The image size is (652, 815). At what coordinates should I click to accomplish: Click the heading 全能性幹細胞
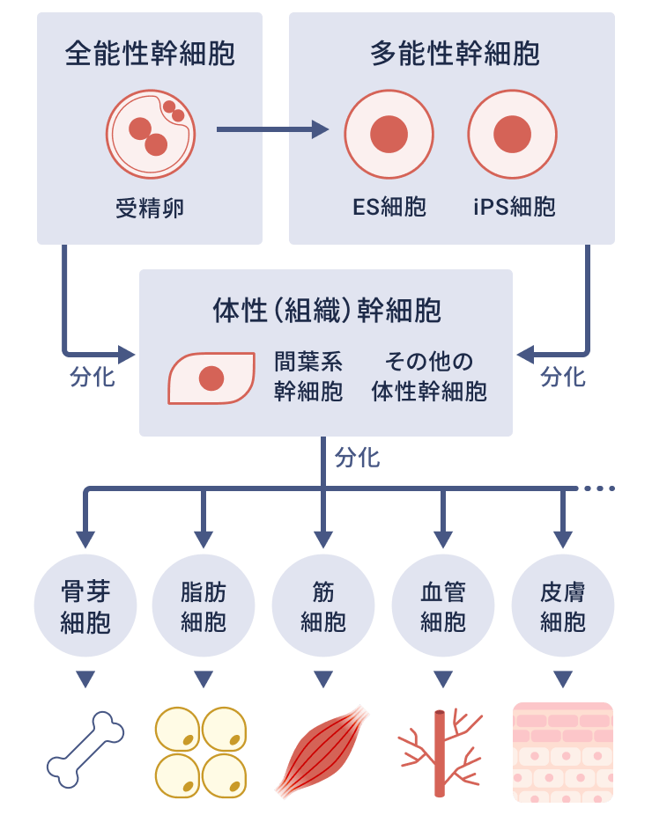click(x=150, y=55)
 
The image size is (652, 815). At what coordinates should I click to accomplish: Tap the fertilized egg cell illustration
click(x=151, y=135)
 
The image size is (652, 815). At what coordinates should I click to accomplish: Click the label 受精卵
click(x=150, y=208)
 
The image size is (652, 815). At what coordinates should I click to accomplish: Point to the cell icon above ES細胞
click(x=389, y=135)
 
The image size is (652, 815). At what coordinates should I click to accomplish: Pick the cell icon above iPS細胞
click(x=512, y=135)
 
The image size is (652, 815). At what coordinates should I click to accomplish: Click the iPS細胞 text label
click(x=514, y=207)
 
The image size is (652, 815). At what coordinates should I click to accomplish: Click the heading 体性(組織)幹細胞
click(x=326, y=310)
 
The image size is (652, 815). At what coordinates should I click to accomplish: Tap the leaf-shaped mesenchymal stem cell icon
click(x=211, y=378)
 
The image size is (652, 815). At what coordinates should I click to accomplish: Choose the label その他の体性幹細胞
click(x=429, y=377)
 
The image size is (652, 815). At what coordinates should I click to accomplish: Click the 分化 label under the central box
click(x=357, y=458)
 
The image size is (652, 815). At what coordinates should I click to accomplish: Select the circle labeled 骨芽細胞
click(x=85, y=606)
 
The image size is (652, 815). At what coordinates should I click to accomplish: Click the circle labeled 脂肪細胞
click(x=204, y=606)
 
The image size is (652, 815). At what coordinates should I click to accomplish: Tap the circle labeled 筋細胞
click(x=323, y=606)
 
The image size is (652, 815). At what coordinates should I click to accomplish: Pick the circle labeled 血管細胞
click(x=443, y=606)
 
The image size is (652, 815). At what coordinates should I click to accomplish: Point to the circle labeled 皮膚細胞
click(x=563, y=606)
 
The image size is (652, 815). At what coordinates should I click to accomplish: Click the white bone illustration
click(x=85, y=750)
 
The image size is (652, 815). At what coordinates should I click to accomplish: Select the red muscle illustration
click(x=323, y=750)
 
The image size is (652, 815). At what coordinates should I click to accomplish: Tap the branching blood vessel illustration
click(x=441, y=751)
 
